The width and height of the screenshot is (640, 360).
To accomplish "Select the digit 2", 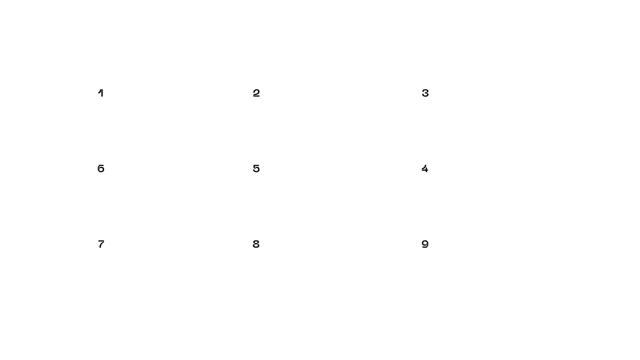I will pyautogui.click(x=256, y=93).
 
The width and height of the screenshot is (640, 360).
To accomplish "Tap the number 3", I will pyautogui.click(x=425, y=93).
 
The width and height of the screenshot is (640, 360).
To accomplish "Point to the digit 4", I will pyautogui.click(x=425, y=169).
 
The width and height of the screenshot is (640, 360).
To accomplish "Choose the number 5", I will pyautogui.click(x=256, y=169).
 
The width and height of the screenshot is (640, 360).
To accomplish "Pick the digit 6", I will pyautogui.click(x=101, y=169).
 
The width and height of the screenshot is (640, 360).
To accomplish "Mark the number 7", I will pyautogui.click(x=101, y=244).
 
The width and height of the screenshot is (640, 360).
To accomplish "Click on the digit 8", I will pyautogui.click(x=256, y=244).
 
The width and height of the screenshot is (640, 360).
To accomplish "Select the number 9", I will pyautogui.click(x=425, y=244).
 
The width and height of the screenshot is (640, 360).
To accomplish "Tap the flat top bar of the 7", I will pyautogui.click(x=101, y=241).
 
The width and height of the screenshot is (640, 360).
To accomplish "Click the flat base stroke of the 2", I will pyautogui.click(x=256, y=96).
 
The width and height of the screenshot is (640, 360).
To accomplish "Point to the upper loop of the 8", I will pyautogui.click(x=256, y=242).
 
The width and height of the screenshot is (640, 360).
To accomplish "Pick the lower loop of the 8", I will pyautogui.click(x=256, y=246).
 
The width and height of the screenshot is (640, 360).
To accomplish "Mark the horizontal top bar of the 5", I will pyautogui.click(x=256, y=165).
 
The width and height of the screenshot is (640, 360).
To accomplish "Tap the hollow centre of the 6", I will pyautogui.click(x=101, y=170).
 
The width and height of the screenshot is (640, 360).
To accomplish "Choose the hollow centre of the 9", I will pyautogui.click(x=425, y=243).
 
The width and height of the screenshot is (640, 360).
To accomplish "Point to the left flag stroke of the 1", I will pyautogui.click(x=99, y=91).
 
